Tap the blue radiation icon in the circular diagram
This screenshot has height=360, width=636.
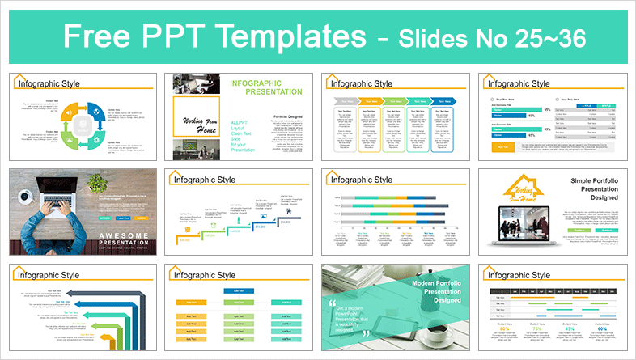coord(96,110)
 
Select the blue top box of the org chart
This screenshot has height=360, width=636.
coord(237,290)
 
